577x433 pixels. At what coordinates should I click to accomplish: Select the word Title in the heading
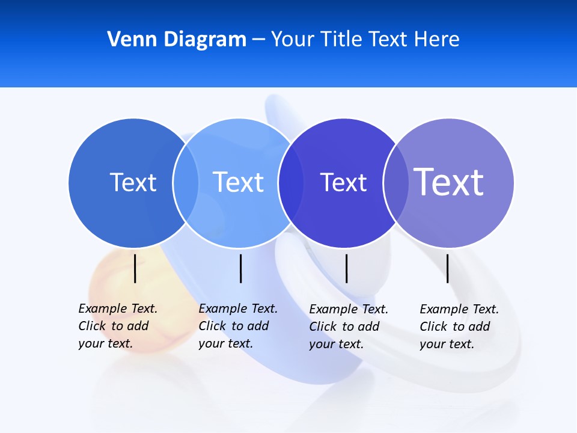coord(343,40)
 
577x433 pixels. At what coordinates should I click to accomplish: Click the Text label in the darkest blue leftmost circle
coord(133,182)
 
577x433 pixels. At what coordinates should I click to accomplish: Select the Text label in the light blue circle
coord(239,182)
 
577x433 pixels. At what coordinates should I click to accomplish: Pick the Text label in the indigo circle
coord(343,182)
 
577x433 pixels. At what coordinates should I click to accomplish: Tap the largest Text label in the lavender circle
coord(449,182)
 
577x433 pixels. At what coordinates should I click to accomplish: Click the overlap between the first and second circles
coord(186,182)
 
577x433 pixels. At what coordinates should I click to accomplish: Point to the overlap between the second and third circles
coord(290,182)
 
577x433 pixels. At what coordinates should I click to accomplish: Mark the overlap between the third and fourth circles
coord(395,182)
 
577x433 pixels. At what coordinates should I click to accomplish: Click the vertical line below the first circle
coord(135,268)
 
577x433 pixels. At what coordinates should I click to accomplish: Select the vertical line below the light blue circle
coord(240,268)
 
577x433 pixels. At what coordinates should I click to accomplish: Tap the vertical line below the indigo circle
coord(346,268)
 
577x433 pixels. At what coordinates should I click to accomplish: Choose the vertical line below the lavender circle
coord(448,268)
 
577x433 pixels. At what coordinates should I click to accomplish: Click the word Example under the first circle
coord(103,309)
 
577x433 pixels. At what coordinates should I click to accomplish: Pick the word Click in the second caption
coord(212,327)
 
